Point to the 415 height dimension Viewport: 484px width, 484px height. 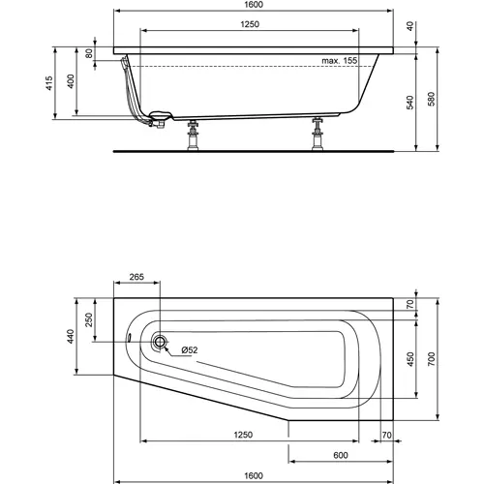pos(50,85)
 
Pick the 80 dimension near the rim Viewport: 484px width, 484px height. pos(90,54)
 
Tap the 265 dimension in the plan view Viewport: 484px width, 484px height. pos(136,278)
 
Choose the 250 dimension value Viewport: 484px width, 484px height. pos(89,319)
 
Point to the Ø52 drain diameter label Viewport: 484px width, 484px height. pos(189,350)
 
